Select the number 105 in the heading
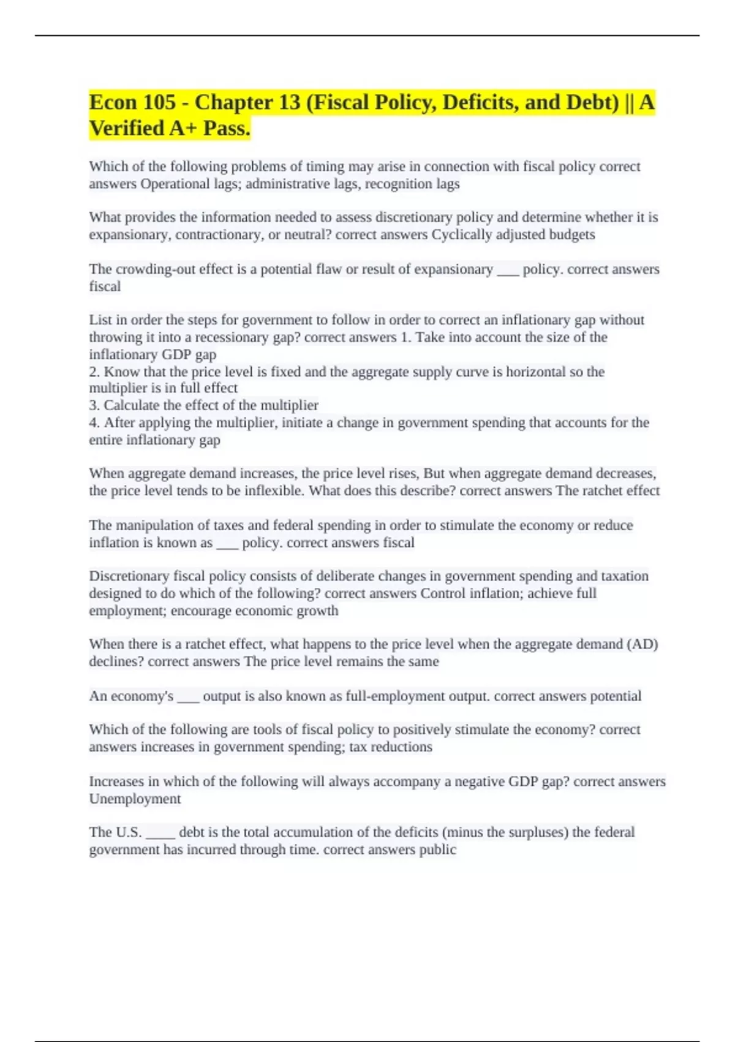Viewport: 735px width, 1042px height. point(160,102)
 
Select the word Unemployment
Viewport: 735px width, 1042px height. point(135,799)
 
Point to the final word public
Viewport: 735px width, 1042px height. point(437,850)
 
